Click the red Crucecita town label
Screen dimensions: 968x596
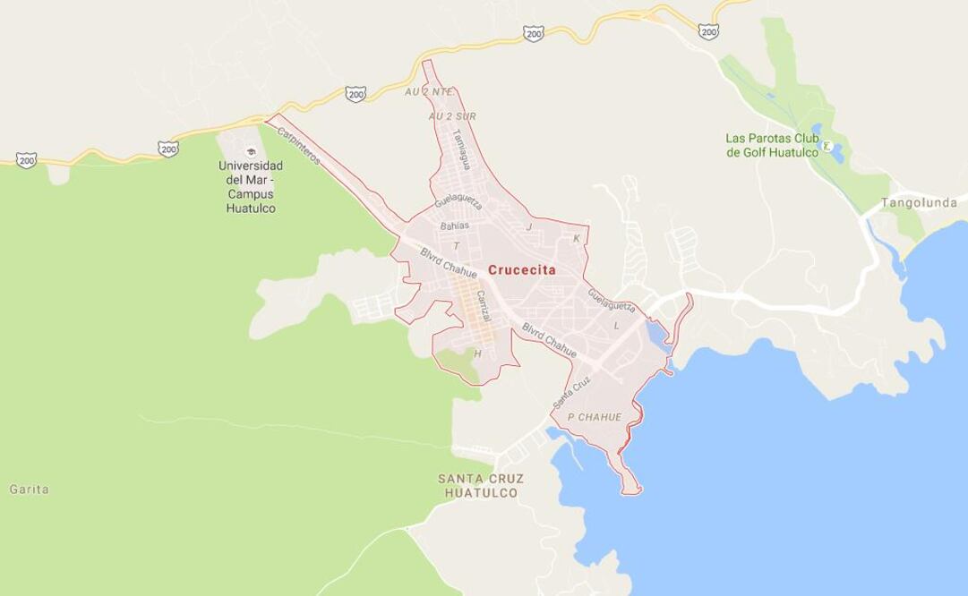click(521, 269)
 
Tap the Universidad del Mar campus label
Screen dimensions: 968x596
click(251, 187)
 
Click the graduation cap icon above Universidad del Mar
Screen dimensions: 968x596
click(251, 152)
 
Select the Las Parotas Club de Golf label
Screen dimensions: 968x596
click(772, 145)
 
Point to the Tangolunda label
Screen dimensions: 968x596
click(919, 203)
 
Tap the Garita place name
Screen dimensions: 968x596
click(29, 490)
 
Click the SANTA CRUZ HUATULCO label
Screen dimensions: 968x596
click(481, 486)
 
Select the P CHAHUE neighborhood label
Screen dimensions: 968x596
click(594, 417)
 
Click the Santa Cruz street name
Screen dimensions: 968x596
click(571, 391)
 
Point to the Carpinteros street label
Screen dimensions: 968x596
click(298, 145)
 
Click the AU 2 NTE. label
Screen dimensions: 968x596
click(429, 91)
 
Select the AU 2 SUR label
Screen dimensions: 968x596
click(451, 116)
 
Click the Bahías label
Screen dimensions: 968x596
click(454, 226)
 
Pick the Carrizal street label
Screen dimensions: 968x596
click(484, 306)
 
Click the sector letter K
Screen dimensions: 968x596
click(577, 238)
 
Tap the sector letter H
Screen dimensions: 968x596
click(477, 353)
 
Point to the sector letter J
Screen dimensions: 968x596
click(529, 227)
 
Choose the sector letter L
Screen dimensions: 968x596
click(616, 326)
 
